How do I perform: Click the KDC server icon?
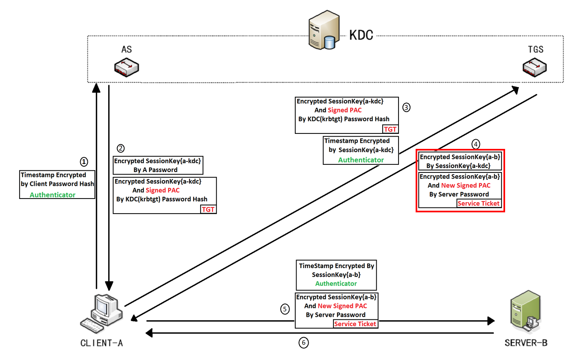(324, 31)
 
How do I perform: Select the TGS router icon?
(534, 68)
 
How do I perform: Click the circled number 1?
(84, 162)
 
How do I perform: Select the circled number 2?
(120, 148)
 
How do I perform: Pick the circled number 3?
(406, 107)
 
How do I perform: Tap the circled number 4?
(475, 144)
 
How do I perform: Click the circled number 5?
(285, 309)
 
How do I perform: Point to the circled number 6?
(303, 343)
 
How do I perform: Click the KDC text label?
(361, 35)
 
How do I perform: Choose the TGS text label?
(536, 50)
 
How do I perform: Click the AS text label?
(126, 50)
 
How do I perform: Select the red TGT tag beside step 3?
(390, 129)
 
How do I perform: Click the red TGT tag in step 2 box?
(208, 209)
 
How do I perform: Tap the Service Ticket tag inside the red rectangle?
(478, 203)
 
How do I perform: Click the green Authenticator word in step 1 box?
(52, 195)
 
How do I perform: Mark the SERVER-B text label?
(526, 343)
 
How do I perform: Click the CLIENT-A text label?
(102, 343)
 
